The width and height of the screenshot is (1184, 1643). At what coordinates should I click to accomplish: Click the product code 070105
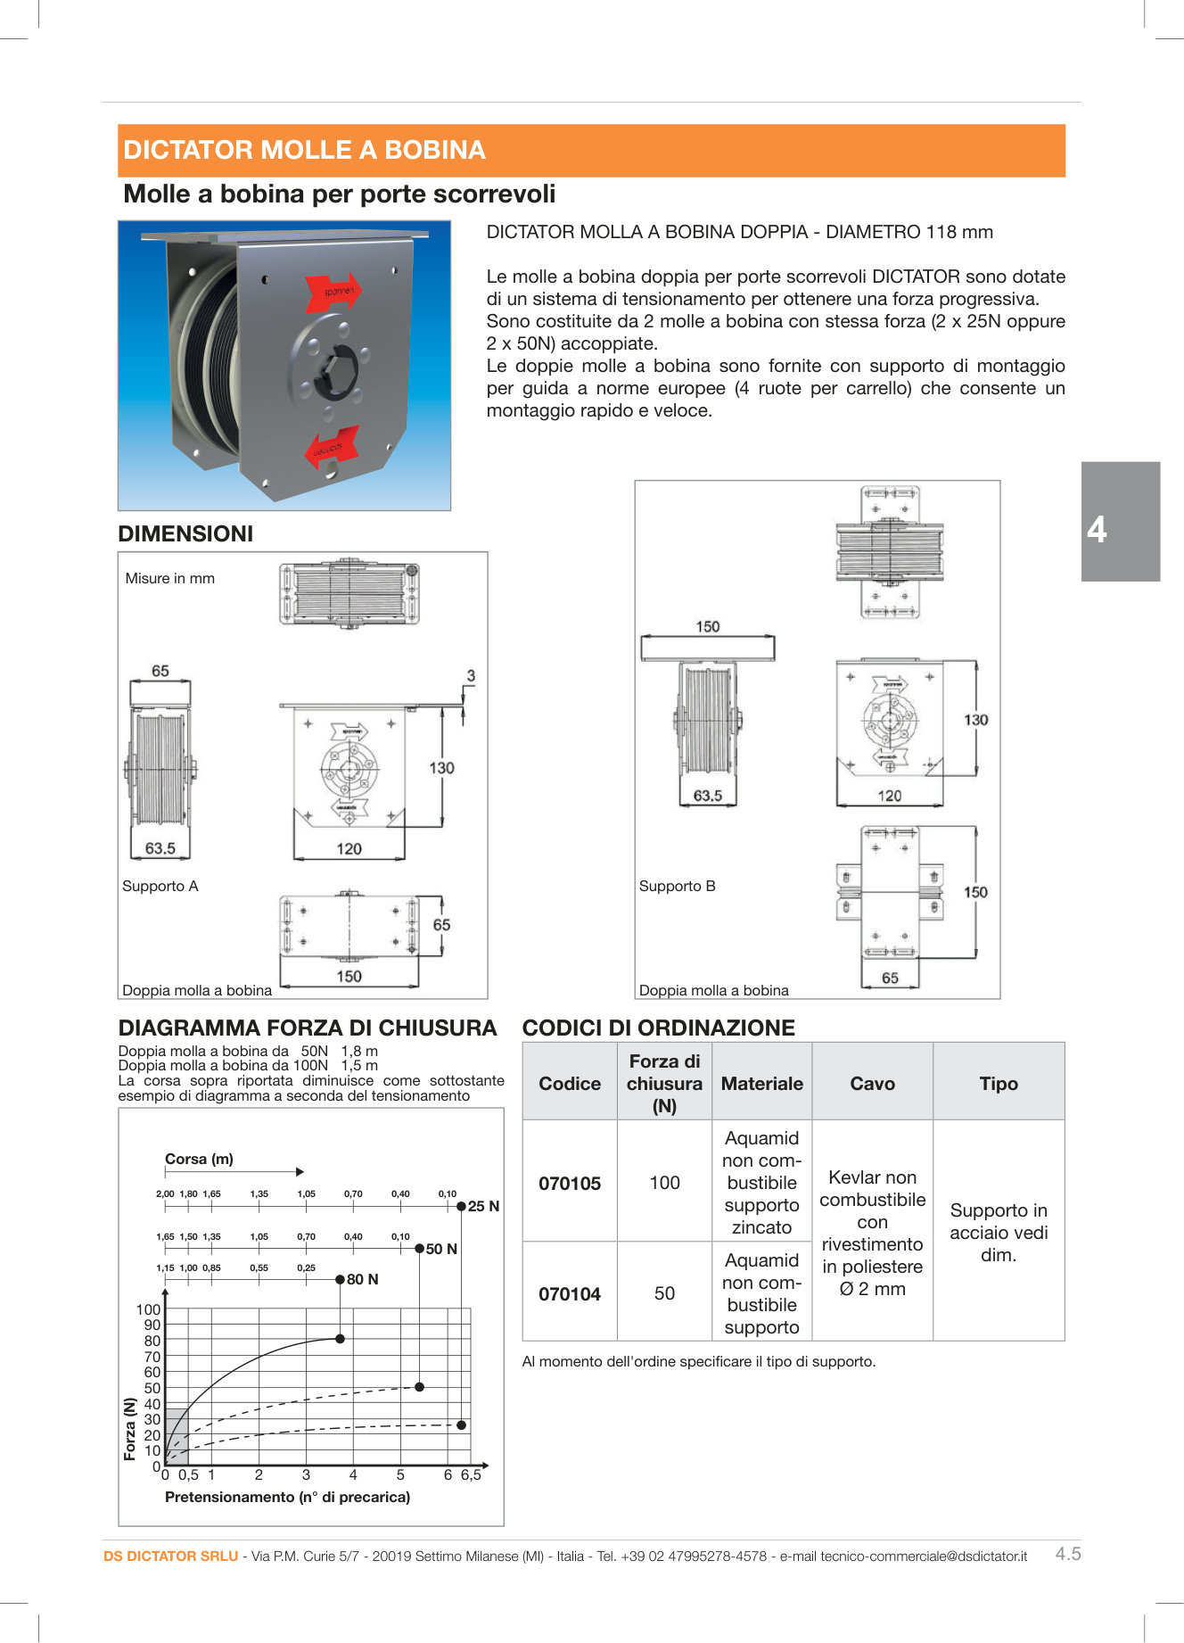click(570, 1184)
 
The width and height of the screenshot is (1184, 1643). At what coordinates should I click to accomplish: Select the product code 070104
click(570, 1294)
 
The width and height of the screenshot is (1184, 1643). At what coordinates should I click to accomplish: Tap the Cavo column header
click(872, 1084)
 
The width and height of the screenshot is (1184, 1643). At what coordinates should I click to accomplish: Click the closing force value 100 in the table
click(664, 1183)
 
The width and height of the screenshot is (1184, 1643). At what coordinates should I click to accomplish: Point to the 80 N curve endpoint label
click(362, 1279)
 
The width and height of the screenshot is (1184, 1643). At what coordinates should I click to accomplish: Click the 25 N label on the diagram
click(483, 1206)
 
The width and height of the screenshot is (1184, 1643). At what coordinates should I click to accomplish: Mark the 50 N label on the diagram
click(441, 1249)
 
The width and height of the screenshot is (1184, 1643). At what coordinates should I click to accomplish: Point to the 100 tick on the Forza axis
click(148, 1309)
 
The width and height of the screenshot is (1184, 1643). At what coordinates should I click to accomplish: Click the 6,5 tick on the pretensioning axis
click(471, 1475)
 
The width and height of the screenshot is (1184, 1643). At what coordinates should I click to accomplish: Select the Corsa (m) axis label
click(199, 1159)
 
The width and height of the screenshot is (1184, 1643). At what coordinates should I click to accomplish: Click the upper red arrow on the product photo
click(332, 291)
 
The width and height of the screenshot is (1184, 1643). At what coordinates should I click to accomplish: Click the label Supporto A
click(160, 886)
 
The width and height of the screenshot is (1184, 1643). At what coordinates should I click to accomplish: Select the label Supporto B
click(677, 886)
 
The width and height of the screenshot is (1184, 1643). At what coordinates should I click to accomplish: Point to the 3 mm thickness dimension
click(471, 676)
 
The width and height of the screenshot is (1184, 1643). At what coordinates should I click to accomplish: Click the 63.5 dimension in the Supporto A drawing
click(160, 848)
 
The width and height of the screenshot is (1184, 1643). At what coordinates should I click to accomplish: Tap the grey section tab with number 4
click(1120, 522)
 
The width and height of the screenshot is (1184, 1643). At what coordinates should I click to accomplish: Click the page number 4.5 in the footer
click(1068, 1554)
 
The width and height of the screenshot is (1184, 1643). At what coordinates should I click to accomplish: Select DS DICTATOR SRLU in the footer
click(170, 1556)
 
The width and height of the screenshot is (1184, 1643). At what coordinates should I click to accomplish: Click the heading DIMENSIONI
click(185, 533)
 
